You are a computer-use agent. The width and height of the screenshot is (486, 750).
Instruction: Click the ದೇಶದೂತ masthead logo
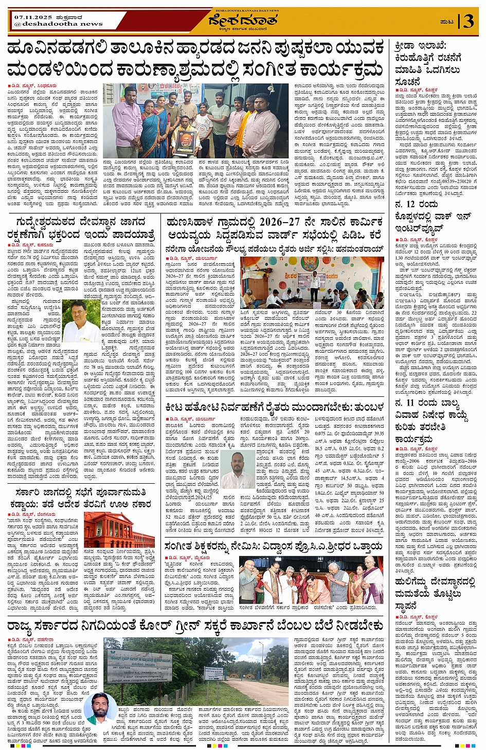[243, 20]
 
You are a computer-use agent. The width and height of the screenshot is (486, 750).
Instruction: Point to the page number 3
[468, 21]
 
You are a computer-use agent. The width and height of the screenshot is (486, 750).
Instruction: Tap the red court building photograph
[119, 529]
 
